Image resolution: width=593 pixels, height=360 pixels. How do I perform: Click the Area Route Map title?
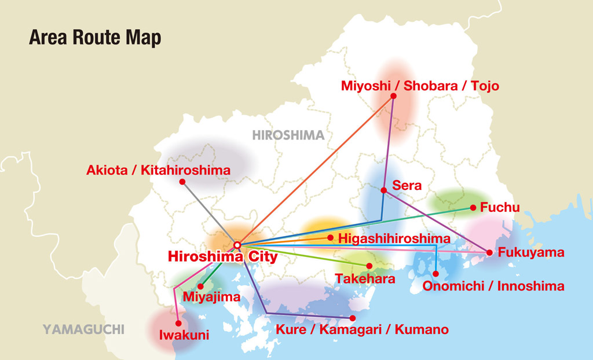click(95, 38)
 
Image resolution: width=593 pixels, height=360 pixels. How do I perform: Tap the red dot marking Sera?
click(384, 190)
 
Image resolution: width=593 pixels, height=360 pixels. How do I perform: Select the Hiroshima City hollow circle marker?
click(237, 245)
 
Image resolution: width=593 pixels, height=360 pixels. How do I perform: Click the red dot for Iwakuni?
click(178, 324)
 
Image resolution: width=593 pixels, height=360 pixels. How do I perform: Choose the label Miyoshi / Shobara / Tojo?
click(420, 86)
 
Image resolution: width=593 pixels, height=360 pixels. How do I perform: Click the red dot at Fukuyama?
click(489, 252)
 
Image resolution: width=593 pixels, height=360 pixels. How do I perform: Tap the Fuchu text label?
click(500, 207)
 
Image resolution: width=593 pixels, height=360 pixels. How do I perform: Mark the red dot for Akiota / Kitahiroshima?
click(182, 182)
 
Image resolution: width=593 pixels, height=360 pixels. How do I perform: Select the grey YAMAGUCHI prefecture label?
click(83, 330)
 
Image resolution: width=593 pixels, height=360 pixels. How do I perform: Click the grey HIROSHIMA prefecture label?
click(288, 135)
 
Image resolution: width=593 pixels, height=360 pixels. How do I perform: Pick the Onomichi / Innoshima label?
click(493, 286)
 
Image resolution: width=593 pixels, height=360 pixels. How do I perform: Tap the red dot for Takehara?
click(369, 266)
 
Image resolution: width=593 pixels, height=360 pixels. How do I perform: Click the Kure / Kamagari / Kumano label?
click(363, 330)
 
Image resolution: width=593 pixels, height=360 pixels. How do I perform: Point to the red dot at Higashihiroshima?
click(330, 237)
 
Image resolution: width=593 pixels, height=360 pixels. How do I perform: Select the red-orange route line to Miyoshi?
click(316, 170)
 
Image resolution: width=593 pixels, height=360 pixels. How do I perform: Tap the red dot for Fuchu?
click(473, 207)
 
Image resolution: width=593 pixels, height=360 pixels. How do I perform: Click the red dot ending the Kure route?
click(353, 318)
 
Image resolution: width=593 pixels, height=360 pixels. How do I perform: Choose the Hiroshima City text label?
click(223, 256)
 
